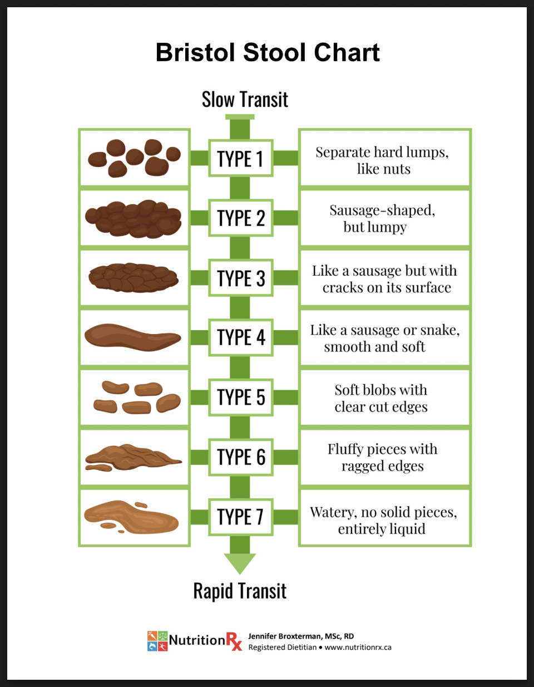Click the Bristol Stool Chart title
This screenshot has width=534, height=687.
[x=268, y=52]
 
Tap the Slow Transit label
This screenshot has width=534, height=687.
[x=245, y=99]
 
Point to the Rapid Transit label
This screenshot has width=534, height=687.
[x=240, y=591]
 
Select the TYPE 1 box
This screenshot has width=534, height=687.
[x=241, y=158]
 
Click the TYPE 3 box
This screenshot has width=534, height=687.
[x=241, y=278]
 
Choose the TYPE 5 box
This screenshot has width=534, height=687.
[x=241, y=398]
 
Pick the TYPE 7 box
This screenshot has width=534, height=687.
[x=241, y=517]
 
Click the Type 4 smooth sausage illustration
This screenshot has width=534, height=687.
[x=133, y=337]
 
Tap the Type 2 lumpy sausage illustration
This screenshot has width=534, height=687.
[x=133, y=219]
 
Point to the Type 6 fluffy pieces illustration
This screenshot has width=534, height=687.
[x=133, y=458]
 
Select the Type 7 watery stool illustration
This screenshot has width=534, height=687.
[x=131, y=517]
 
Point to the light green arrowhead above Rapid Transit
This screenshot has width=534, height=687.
[x=240, y=564]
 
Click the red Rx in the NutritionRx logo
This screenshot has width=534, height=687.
[x=234, y=641]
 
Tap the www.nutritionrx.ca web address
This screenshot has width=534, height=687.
[x=358, y=647]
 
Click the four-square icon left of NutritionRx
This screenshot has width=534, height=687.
[x=157, y=641]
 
